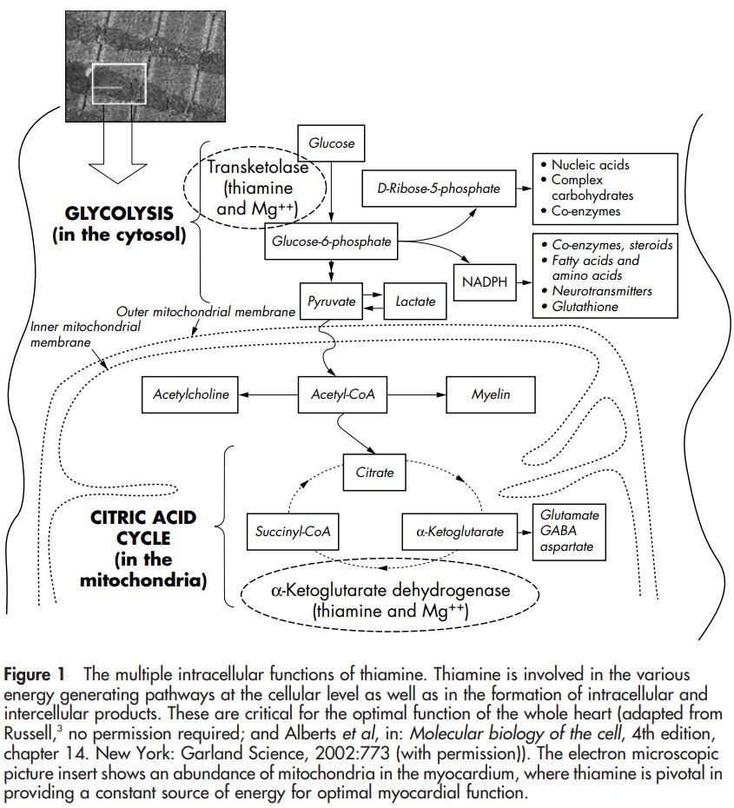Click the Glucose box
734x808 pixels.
[331, 143]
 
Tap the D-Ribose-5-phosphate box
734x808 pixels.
[439, 189]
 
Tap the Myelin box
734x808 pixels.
[491, 394]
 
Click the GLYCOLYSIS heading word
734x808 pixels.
[120, 213]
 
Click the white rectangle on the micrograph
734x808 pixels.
[120, 84]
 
